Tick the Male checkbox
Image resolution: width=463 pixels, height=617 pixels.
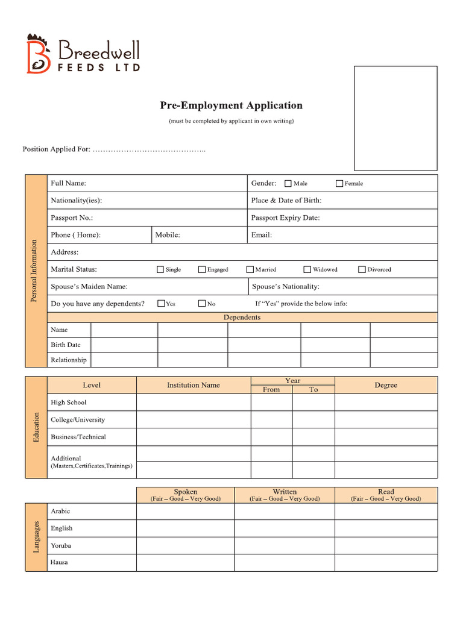coord(288,184)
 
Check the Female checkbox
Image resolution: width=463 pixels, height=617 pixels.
coord(339,184)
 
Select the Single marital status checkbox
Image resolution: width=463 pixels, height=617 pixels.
coord(160,270)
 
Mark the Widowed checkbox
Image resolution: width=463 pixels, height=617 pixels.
coord(307,270)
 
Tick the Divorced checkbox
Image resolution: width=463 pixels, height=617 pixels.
coord(362,270)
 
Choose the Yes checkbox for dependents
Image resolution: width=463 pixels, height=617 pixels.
coord(161,304)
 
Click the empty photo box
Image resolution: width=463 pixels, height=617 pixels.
coord(395,118)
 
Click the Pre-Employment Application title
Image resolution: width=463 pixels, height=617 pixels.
coord(231,105)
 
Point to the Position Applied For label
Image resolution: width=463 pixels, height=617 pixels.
coord(56,149)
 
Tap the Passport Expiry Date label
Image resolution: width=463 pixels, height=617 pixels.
coord(285,218)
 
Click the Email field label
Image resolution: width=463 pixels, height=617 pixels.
coord(261,235)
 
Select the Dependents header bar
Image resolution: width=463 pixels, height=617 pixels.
coord(242,317)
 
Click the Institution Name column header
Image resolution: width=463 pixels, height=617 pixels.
coord(193,385)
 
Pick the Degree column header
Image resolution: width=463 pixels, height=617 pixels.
coord(385,385)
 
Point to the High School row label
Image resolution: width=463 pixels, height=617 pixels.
coord(68,402)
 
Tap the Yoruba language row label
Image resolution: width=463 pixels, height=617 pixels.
coord(61,545)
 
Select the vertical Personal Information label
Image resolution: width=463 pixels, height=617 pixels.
coord(35,271)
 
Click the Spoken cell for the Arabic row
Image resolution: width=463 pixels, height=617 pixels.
coord(185,511)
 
